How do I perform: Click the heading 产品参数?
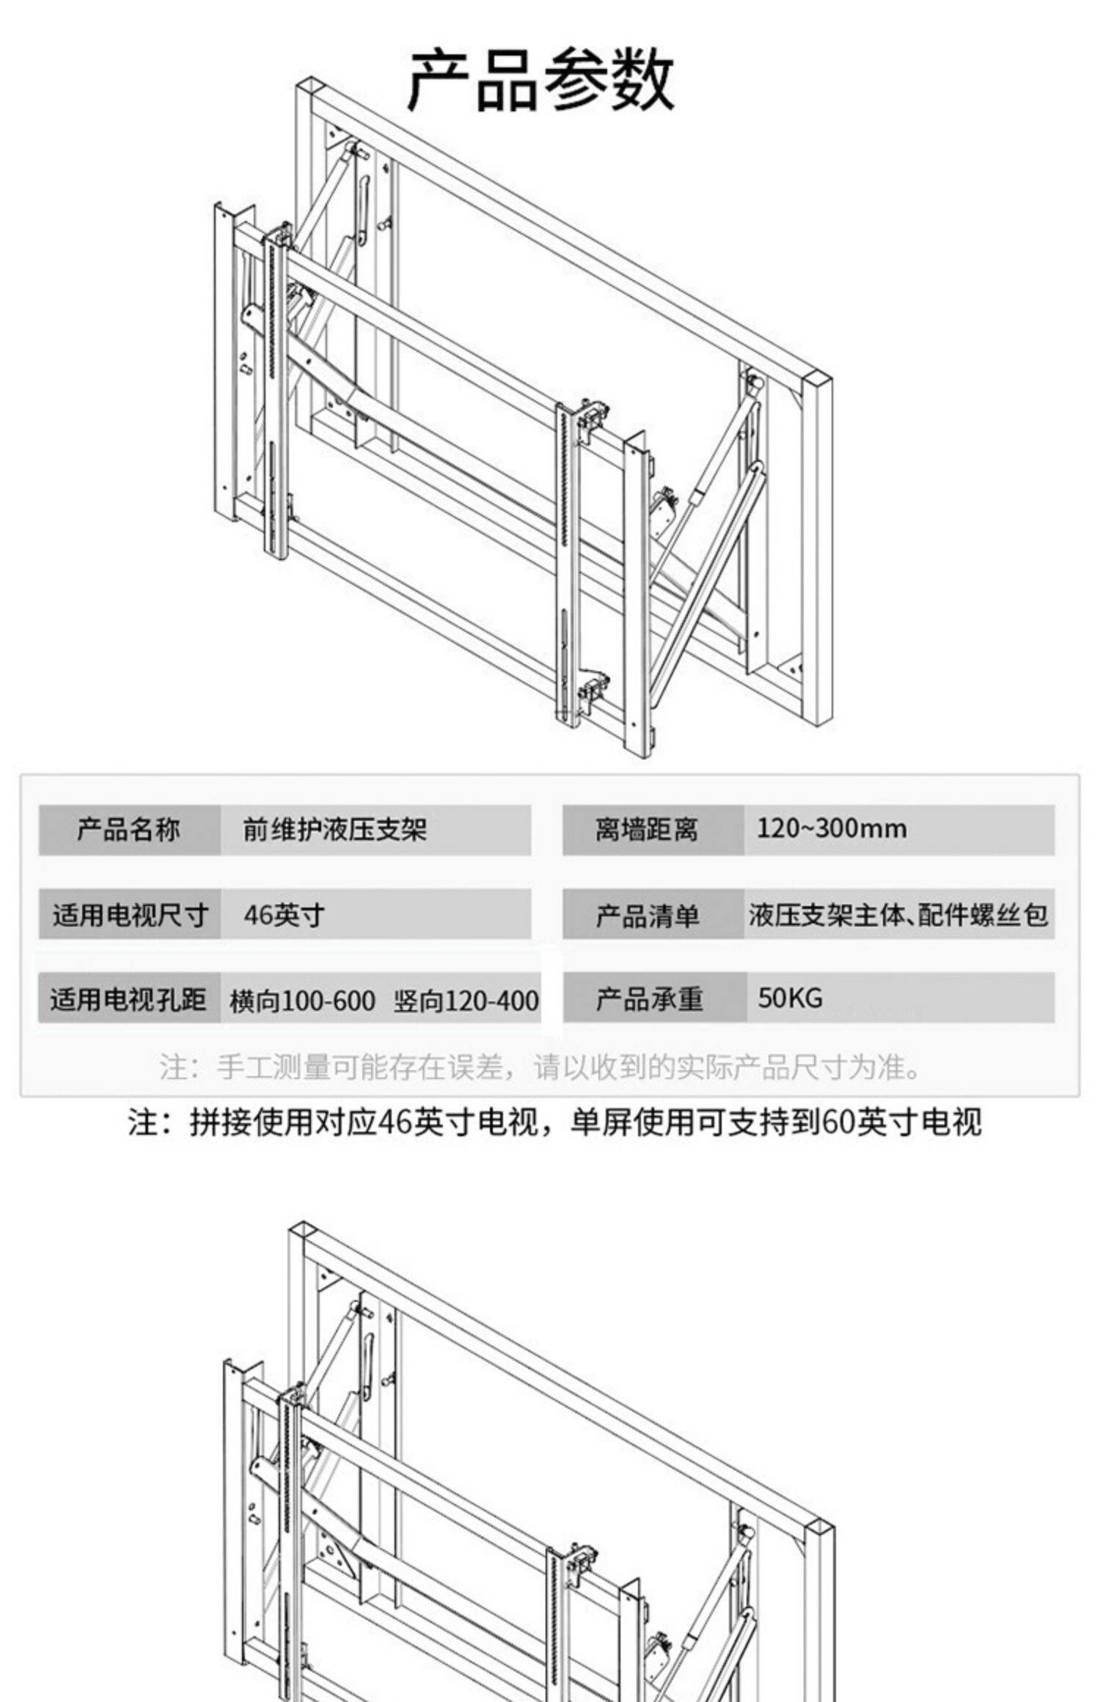point(540,81)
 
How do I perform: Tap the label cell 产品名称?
point(129,830)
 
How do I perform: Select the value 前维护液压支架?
point(334,830)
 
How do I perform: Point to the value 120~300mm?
point(832,829)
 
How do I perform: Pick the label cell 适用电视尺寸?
point(129,915)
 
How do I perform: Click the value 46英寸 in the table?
point(284,915)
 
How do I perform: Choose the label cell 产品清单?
point(647,915)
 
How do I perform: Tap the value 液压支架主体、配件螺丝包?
point(898,915)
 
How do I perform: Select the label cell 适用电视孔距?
point(129,999)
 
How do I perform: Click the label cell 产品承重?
point(649,998)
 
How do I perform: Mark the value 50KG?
point(790,998)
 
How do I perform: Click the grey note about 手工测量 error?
point(540,1067)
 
